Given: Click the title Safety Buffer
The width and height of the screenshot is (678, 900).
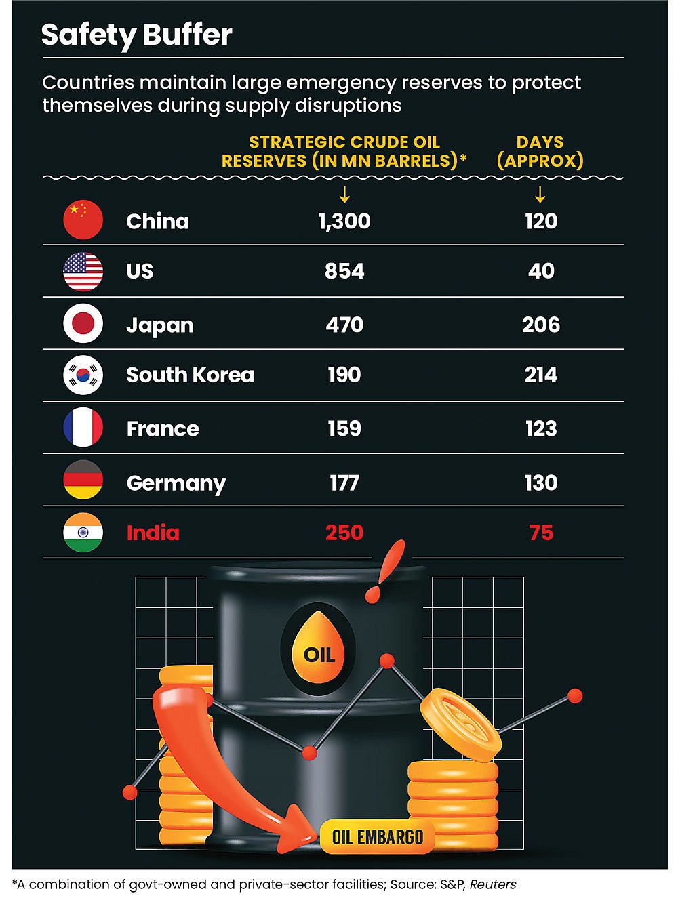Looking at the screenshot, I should click(136, 35).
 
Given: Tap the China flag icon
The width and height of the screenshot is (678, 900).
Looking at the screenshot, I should click(83, 220).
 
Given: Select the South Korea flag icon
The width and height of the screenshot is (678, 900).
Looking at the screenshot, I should click(83, 375).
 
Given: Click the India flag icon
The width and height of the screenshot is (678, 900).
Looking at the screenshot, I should click(83, 533).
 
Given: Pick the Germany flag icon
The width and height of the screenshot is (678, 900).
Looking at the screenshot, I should click(83, 480).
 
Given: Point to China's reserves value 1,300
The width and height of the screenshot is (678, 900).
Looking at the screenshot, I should click(344, 221).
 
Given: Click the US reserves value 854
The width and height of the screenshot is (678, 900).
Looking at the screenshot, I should click(344, 271).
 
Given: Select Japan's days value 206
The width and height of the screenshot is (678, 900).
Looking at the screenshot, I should click(540, 325).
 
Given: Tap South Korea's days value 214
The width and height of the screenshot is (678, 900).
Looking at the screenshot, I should click(540, 375).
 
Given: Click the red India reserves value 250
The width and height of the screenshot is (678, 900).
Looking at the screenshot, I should click(344, 533).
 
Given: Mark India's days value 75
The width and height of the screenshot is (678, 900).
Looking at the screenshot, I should click(541, 533).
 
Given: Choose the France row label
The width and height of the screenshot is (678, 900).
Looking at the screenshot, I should click(163, 429).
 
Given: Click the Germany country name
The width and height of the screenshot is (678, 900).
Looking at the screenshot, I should click(176, 483).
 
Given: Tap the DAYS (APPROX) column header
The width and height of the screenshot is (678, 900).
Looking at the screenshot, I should click(540, 151).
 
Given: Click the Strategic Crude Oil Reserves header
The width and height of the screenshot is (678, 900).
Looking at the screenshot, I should click(344, 151).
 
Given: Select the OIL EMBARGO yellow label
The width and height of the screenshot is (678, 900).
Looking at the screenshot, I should click(377, 837).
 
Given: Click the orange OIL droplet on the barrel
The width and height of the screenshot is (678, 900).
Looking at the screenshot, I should click(319, 648).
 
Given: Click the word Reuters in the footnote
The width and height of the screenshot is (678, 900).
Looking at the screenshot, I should click(493, 884).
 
